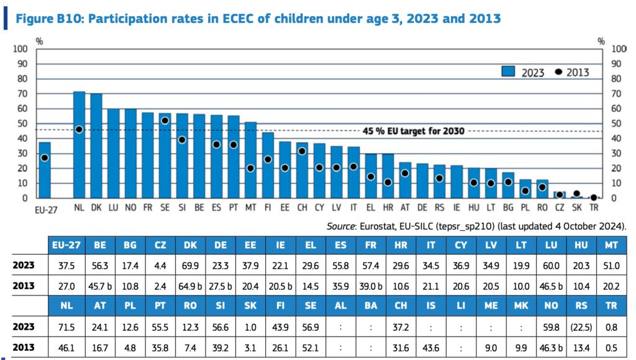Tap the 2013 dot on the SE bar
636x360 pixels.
[165, 120]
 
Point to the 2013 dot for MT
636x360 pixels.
[250, 168]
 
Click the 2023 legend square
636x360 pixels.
[509, 72]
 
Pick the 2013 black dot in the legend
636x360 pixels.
[558, 72]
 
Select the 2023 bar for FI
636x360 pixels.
[268, 165]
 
